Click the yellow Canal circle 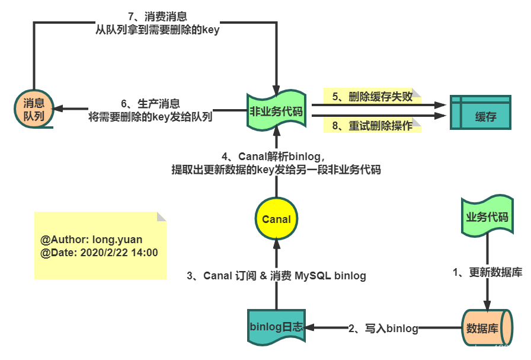click(276, 219)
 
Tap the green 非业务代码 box click(276, 110)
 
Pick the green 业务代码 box click(487, 217)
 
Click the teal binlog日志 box click(276, 327)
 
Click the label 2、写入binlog click(383, 328)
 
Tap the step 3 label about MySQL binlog click(276, 275)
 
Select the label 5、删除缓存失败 click(372, 96)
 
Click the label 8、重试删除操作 click(372, 125)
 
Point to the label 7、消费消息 click(158, 17)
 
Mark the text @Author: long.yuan click(91, 240)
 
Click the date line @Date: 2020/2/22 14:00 click(99, 253)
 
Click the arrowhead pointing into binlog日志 click(310, 327)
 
